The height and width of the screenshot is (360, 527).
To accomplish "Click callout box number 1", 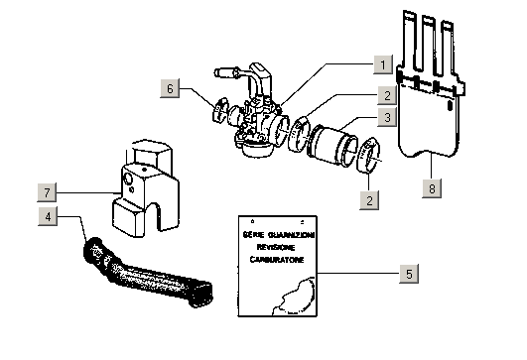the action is [x=383, y=64].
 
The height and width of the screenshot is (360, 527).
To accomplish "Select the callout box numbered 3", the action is [x=387, y=117].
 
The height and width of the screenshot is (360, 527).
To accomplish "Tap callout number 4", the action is [x=48, y=216].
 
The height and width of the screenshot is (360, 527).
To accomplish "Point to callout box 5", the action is [x=409, y=274].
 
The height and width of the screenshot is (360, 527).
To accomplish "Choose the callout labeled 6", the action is [x=170, y=88].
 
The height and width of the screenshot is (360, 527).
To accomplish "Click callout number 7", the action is [x=47, y=192].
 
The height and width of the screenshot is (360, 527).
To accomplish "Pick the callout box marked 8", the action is [x=432, y=188].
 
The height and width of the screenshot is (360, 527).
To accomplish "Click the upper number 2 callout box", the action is [x=387, y=95].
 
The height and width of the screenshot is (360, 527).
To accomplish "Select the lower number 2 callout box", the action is [x=369, y=200].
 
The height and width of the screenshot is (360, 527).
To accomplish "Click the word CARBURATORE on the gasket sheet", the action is [x=277, y=260].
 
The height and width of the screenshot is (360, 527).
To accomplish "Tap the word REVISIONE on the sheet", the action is [x=276, y=247].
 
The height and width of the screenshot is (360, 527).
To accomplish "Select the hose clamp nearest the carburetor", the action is [x=298, y=133].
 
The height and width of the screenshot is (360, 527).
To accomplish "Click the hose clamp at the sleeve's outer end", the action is [x=369, y=155].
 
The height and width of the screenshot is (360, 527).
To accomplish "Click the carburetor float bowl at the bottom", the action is [x=257, y=149].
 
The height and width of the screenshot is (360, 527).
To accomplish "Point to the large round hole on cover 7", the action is [x=128, y=179].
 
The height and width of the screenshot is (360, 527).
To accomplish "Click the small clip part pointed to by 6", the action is [x=219, y=109].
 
